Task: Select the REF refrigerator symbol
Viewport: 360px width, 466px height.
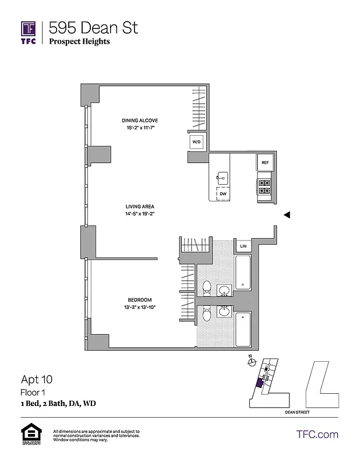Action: click(x=264, y=163)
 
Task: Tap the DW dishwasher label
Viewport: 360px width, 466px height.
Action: click(x=223, y=194)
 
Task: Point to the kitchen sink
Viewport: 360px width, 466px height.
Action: click(x=222, y=176)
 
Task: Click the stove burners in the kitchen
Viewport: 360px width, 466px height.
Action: click(x=264, y=186)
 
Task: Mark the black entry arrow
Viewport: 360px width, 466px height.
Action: click(x=287, y=215)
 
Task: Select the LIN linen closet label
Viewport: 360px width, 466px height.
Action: click(x=243, y=246)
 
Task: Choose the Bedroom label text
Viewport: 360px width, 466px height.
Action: click(x=140, y=300)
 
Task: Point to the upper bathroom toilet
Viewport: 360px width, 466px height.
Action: click(x=206, y=288)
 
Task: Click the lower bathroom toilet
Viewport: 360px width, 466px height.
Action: click(x=206, y=315)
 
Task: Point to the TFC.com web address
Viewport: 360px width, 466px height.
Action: click(x=317, y=434)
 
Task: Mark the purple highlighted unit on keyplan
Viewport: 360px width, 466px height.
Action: click(x=259, y=383)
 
